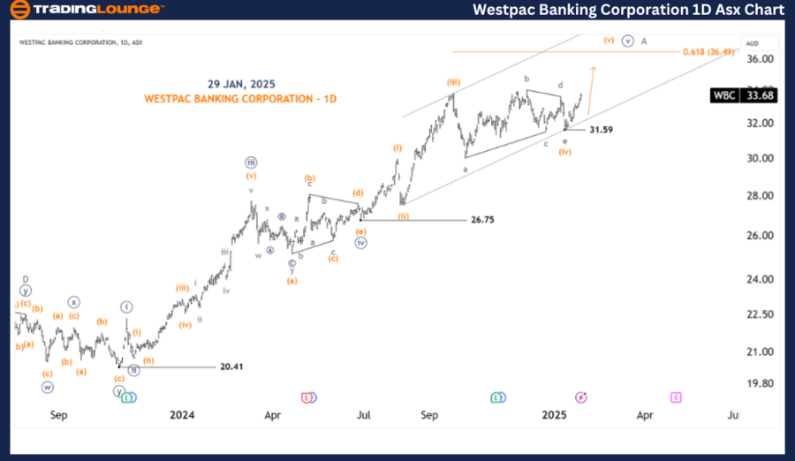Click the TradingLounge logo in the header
tap(86, 10)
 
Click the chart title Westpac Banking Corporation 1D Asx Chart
tap(628, 10)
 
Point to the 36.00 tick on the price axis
tap(761, 59)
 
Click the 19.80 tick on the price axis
tap(761, 383)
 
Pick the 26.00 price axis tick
tap(761, 236)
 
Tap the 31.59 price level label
tap(602, 130)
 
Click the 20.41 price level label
tap(232, 367)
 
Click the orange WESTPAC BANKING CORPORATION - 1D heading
tap(240, 98)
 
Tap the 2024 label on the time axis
tap(182, 414)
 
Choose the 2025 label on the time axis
tap(554, 414)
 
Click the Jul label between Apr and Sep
tap(363, 414)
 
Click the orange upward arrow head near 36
tap(594, 68)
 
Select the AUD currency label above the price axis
tap(753, 43)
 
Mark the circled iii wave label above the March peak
tap(252, 162)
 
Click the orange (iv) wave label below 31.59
tap(565, 152)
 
